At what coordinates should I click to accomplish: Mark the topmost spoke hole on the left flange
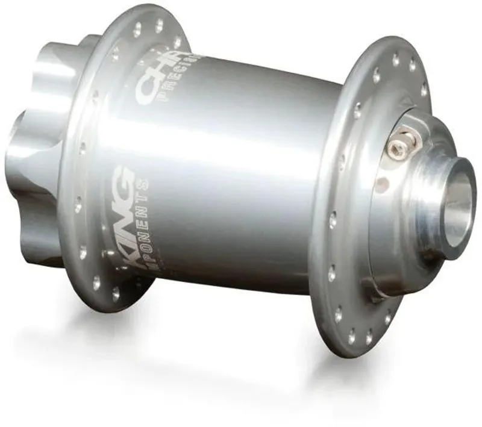pos(159,25)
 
